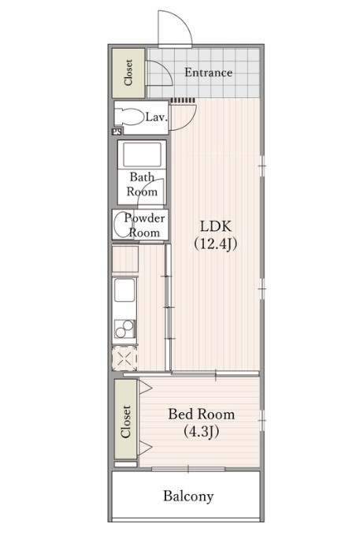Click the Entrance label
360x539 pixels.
[208, 72]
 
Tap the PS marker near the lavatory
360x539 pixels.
[117, 132]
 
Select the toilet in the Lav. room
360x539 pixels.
[129, 117]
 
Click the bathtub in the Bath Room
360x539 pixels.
[143, 154]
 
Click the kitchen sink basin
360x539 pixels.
[124, 290]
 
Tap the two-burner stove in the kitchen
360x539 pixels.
[124, 329]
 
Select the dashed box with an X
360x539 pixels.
[124, 358]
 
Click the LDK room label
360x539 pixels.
[216, 226]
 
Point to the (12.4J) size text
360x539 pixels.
[216, 243]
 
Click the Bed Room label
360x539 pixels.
[202, 414]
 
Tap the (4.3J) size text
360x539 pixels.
[202, 431]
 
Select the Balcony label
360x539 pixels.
[188, 496]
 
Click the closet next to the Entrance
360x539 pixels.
[128, 72]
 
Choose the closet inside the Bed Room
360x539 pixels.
[126, 419]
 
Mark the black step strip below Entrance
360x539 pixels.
[183, 100]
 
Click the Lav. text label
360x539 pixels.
[156, 117]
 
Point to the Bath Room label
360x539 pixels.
[142, 184]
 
